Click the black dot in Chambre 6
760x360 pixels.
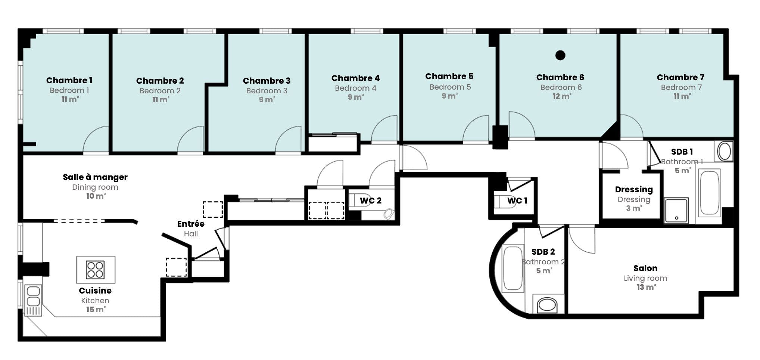(x=560, y=55)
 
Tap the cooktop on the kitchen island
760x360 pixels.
(x=95, y=270)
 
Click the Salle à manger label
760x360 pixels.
(x=95, y=177)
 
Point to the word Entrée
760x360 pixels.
(x=191, y=224)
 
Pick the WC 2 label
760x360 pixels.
(x=370, y=201)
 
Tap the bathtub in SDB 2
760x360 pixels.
(x=513, y=268)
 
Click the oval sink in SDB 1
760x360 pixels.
(x=724, y=152)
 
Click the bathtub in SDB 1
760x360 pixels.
(x=709, y=193)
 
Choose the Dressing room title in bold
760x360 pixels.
(x=634, y=190)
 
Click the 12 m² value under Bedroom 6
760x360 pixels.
(x=562, y=96)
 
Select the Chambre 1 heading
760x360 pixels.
(x=69, y=80)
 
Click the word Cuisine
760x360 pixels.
(x=95, y=291)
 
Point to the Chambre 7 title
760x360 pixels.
(x=680, y=77)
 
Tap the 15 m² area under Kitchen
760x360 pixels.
(x=96, y=310)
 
